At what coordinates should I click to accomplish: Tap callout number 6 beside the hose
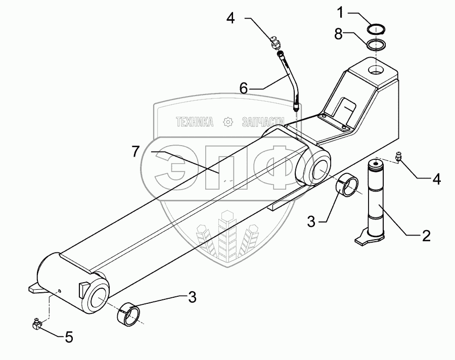click(244, 88)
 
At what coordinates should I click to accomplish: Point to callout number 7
click(134, 151)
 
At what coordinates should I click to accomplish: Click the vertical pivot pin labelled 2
click(377, 200)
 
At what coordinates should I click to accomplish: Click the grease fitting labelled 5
click(37, 323)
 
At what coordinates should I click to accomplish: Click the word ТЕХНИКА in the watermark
click(195, 122)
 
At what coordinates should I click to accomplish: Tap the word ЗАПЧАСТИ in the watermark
click(260, 122)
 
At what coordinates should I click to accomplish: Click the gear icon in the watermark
click(228, 122)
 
